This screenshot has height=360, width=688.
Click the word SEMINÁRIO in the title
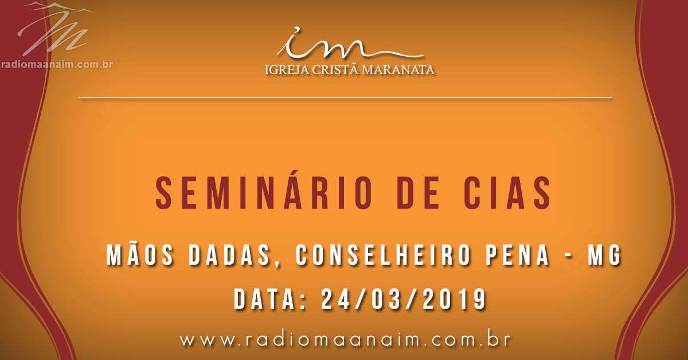tap(264, 193)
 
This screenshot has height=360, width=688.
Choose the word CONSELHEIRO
tap(383, 256)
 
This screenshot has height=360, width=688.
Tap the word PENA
tap(517, 256)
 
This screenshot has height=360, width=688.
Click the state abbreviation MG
tap(604, 256)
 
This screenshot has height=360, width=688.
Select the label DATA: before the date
tap(270, 299)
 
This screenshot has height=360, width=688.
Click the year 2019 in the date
tap(455, 299)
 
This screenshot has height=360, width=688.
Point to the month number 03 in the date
tap(388, 299)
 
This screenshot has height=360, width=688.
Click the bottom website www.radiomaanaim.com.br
tap(345, 340)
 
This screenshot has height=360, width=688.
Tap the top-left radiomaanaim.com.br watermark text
tap(57, 65)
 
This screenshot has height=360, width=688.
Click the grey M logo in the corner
tap(55, 29)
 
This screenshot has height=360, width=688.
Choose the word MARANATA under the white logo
tap(398, 70)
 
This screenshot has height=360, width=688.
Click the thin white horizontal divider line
tap(345, 98)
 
